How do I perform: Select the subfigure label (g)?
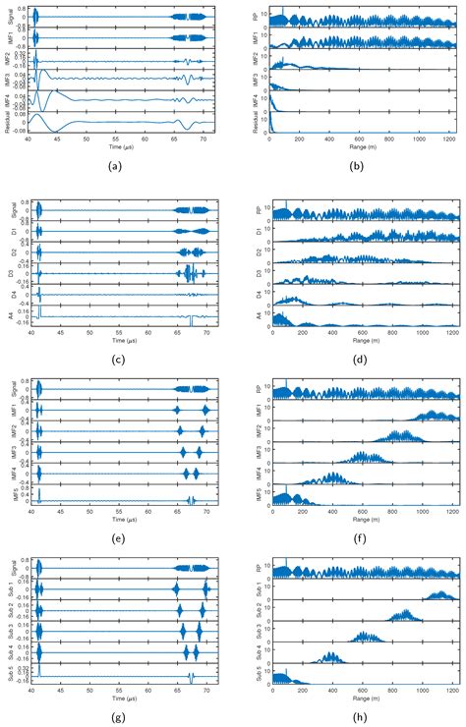coord(117,715)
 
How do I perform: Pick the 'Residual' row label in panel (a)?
coord(8,123)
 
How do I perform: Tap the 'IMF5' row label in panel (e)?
coord(8,496)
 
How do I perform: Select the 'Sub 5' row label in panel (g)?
coord(8,678)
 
